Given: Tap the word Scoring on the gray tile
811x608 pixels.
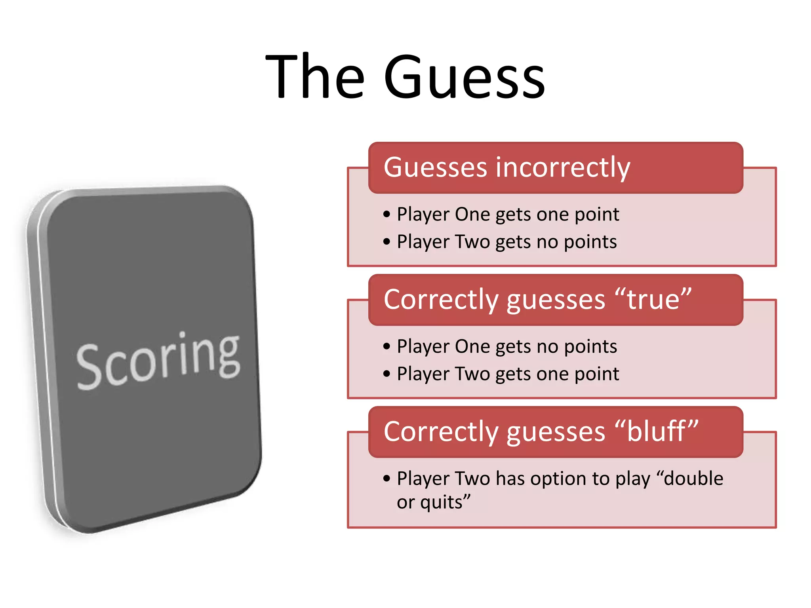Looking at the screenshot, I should (x=158, y=360).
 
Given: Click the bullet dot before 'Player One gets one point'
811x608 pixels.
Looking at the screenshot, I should (x=387, y=215).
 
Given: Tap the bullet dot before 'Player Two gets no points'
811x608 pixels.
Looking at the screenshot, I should (x=387, y=242).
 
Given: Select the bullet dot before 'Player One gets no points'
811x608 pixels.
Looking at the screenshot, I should (x=387, y=347).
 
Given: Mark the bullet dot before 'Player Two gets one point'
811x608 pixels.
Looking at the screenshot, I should (x=387, y=374).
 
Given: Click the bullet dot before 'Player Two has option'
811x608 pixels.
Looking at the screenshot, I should (x=387, y=479).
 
